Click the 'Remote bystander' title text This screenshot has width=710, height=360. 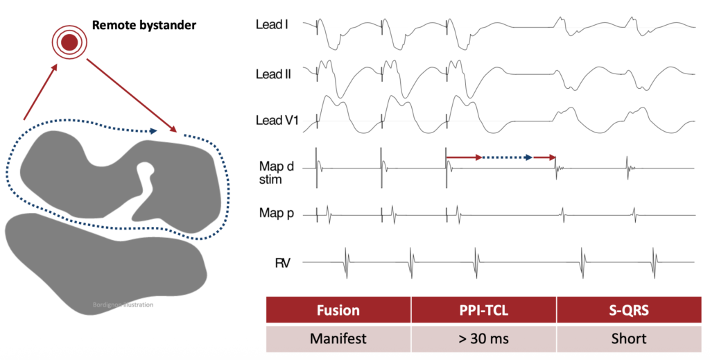point(144,25)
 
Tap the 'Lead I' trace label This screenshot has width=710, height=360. point(272,24)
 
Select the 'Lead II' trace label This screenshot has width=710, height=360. point(273,74)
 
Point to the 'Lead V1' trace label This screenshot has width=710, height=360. point(277,121)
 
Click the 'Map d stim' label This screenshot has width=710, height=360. point(276,173)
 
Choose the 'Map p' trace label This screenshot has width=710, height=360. point(276,213)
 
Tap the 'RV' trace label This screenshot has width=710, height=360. point(282,263)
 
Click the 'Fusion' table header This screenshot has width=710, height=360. point(338,310)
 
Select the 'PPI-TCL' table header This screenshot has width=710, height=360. point(483,310)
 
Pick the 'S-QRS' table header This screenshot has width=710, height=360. point(629,310)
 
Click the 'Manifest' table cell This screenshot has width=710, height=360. point(338,338)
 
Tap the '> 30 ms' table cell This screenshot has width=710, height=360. point(483,338)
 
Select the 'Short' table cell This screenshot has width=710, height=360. point(629,338)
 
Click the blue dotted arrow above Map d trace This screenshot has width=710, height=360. point(507,157)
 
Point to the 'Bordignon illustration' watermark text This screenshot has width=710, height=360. point(123,305)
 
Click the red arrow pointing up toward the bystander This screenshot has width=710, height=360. point(41,92)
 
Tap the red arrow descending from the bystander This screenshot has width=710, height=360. point(131,96)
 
